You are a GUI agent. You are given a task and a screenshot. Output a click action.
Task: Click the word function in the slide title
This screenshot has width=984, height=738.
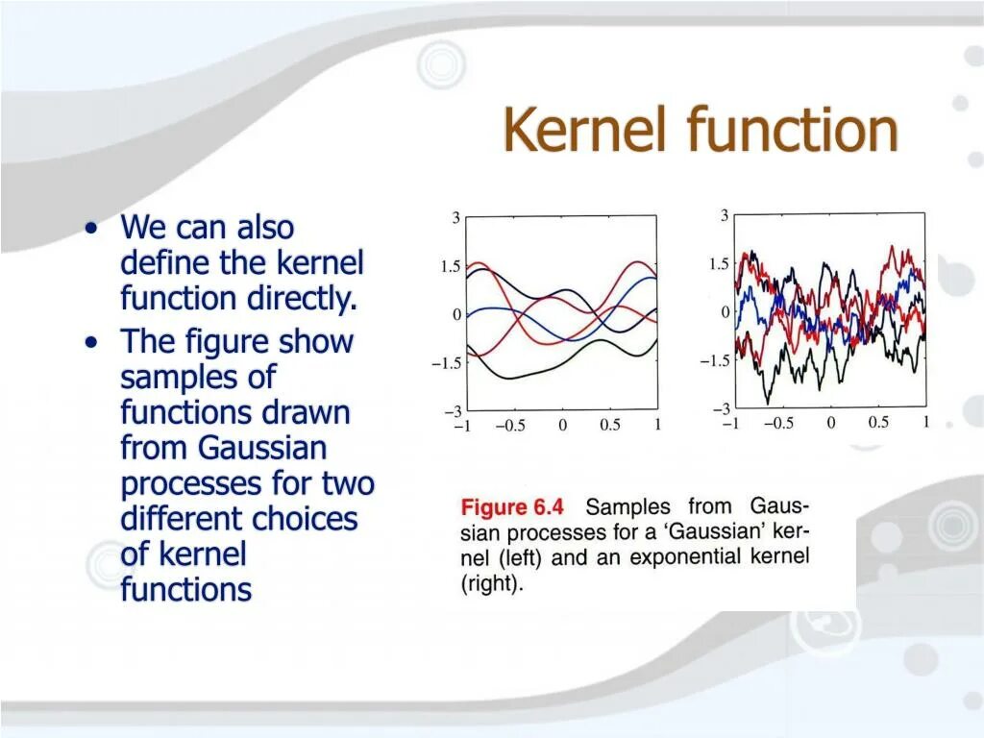point(794,131)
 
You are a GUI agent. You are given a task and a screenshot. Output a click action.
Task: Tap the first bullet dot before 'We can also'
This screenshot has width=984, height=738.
point(90,229)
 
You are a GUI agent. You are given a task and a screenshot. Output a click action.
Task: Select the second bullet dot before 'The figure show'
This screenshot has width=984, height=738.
point(90,342)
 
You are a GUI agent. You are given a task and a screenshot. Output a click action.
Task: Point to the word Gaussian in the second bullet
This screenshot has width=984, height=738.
point(262,448)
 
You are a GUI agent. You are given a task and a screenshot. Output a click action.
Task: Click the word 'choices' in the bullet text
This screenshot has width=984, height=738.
point(305,519)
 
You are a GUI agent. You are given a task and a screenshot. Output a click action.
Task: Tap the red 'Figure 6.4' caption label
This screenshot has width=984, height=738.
point(514,507)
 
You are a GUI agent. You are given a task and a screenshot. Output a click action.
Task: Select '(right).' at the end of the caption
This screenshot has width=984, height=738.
point(493,583)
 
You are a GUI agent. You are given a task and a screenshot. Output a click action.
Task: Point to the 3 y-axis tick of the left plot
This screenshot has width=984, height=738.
point(455,218)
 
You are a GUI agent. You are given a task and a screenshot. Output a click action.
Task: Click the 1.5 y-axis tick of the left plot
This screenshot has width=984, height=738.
point(451,267)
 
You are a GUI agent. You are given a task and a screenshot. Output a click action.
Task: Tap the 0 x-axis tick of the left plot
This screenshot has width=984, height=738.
point(562,426)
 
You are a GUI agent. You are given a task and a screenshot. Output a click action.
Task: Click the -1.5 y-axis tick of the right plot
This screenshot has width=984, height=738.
point(715,360)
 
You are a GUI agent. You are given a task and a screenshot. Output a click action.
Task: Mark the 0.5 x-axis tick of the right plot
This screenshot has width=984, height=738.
point(878,423)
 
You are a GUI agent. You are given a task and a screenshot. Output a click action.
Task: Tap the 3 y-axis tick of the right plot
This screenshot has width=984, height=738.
point(725,216)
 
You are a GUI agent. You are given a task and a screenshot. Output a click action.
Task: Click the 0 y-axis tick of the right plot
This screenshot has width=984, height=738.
point(725,312)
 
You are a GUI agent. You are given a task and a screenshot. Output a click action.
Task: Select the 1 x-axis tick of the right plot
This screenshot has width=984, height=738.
point(925,423)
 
